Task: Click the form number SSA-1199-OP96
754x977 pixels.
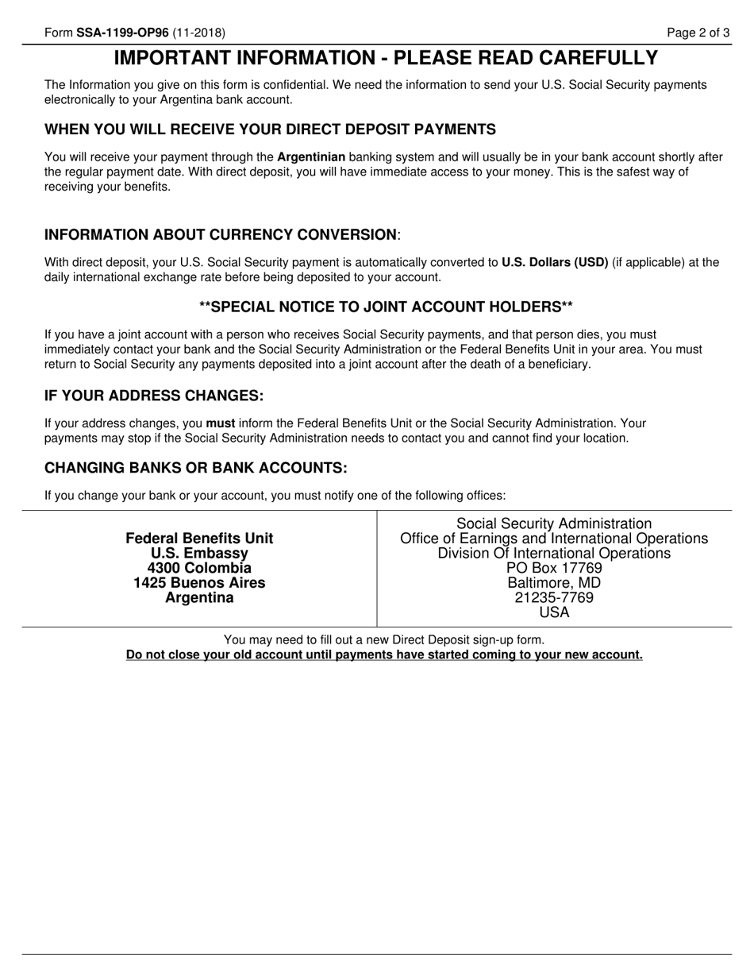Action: tap(122, 33)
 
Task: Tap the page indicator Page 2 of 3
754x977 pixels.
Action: tap(698, 33)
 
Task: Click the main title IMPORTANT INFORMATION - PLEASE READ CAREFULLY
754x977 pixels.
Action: tap(386, 58)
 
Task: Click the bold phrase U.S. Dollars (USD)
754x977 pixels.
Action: tap(555, 262)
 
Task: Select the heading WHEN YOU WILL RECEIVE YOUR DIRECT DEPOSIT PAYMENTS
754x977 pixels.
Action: tap(270, 129)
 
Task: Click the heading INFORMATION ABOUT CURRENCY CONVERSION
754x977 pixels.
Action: tap(221, 234)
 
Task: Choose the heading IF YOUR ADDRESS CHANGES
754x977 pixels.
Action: tap(154, 396)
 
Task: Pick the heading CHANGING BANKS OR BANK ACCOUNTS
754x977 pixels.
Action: tap(196, 467)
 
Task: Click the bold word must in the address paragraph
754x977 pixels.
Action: tap(220, 423)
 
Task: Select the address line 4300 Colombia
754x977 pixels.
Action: tap(199, 568)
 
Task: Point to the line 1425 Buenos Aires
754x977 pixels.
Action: tap(199, 583)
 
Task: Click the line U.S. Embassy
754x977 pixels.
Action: tap(199, 553)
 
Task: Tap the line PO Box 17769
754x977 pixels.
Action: tap(554, 568)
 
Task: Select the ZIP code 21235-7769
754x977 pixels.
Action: tap(554, 597)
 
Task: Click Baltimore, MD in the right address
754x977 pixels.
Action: tap(554, 583)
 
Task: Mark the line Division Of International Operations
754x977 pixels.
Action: tap(554, 553)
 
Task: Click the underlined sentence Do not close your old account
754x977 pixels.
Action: tap(384, 655)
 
